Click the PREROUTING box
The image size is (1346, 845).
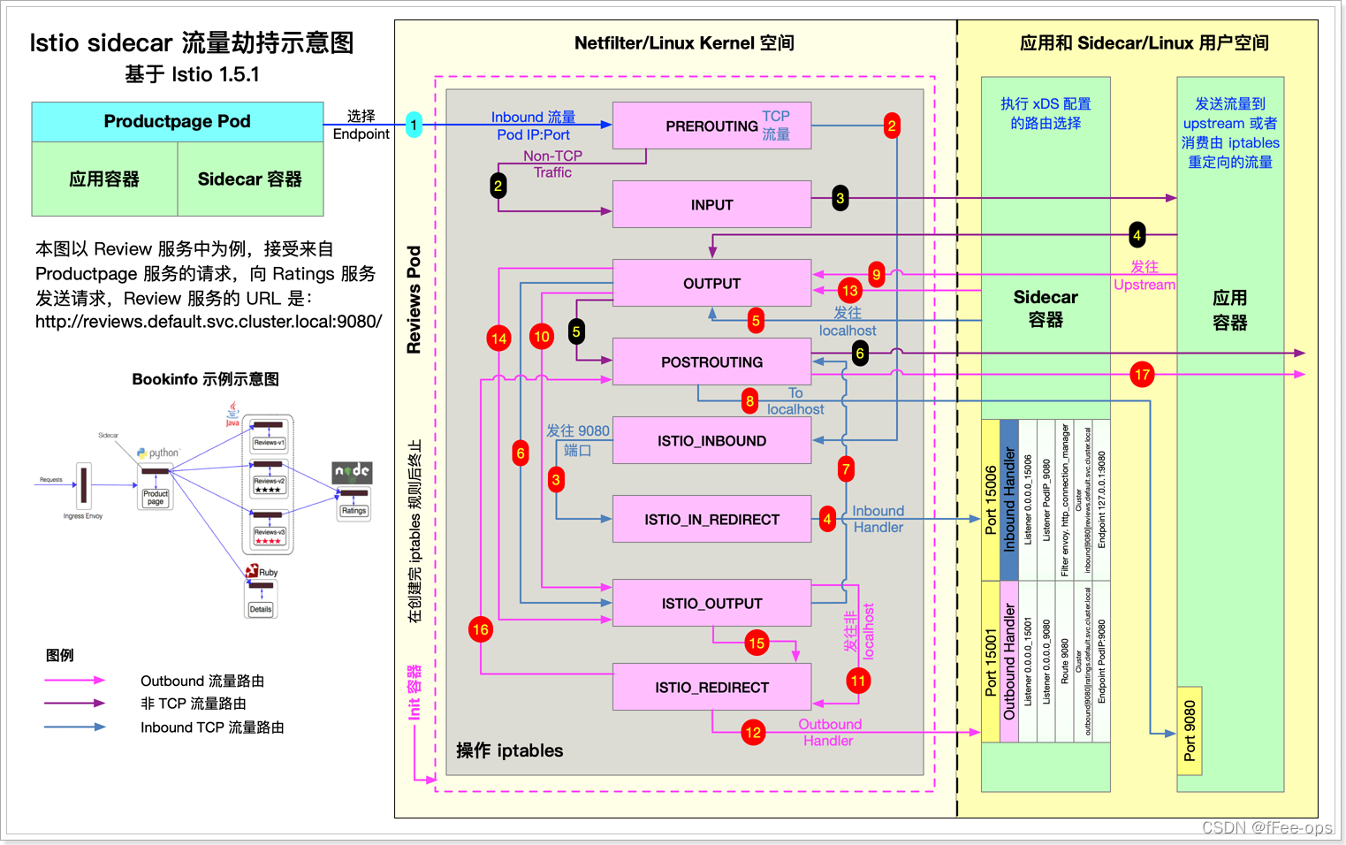click(711, 126)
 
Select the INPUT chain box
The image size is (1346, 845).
click(711, 204)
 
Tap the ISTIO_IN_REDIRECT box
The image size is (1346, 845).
click(711, 519)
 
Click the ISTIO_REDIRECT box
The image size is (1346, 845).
click(711, 687)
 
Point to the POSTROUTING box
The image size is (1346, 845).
click(711, 362)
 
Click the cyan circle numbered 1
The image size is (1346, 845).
click(414, 125)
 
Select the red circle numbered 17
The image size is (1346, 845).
click(1142, 374)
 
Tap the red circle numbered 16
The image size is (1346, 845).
click(481, 629)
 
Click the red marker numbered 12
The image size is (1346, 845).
click(753, 732)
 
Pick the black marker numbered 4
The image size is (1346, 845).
click(1137, 234)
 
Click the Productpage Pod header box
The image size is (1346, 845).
click(177, 121)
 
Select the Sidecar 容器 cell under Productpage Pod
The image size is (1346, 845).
click(250, 179)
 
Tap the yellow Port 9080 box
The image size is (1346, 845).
click(1190, 731)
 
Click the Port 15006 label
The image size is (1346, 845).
click(991, 499)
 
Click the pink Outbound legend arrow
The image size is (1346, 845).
click(75, 680)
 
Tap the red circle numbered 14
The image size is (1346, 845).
click(499, 338)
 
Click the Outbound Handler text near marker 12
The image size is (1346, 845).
click(829, 732)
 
